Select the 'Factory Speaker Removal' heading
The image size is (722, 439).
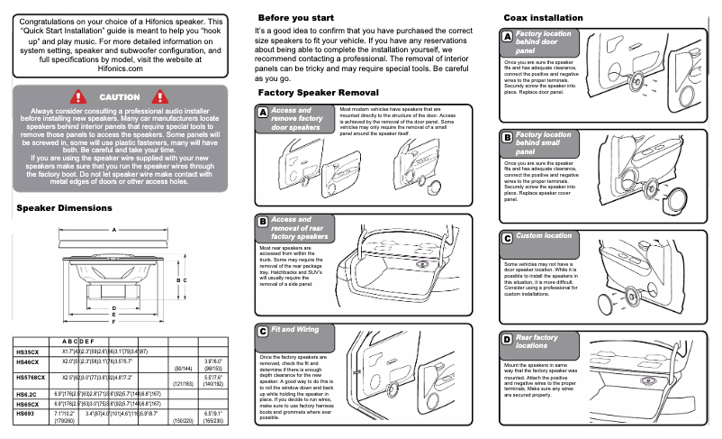click(318, 92)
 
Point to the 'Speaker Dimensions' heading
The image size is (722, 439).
click(65, 208)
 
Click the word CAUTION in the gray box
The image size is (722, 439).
click(119, 96)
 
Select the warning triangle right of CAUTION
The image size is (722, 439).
click(162, 96)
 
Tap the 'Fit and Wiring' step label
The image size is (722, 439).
click(295, 330)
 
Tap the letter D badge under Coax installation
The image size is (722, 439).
click(507, 338)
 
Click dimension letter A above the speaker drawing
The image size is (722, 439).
click(113, 229)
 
